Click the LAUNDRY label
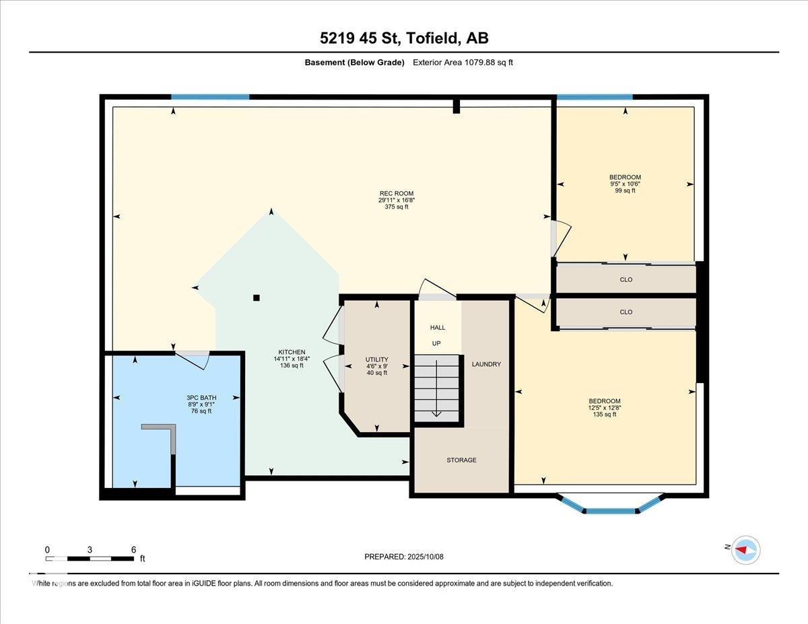click(x=486, y=364)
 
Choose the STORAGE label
click(x=461, y=460)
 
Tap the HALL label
click(x=438, y=327)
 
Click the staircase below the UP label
click(x=436, y=388)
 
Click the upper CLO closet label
click(x=626, y=279)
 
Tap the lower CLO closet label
click(x=626, y=312)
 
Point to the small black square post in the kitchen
click(x=256, y=298)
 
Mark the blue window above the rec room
click(x=210, y=97)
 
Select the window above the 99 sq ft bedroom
click(x=595, y=97)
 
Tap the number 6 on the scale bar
click(x=133, y=549)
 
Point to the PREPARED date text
click(x=404, y=557)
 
